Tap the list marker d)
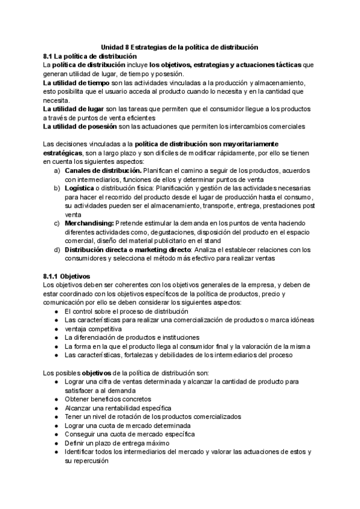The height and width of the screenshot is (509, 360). pyautogui.click(x=56, y=250)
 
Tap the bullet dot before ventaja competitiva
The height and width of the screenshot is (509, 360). pyautogui.click(x=56, y=330)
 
